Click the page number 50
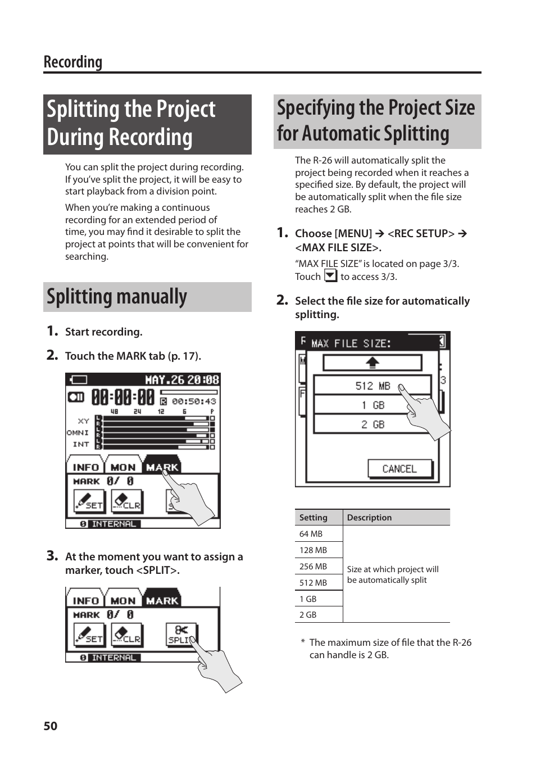(51, 726)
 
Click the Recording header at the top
(73, 62)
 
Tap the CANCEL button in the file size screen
(399, 469)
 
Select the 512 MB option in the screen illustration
(372, 386)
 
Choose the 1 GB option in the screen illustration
(373, 405)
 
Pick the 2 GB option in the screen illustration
(373, 424)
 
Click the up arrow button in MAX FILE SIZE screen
(372, 363)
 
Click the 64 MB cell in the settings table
(311, 534)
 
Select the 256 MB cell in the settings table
(313, 567)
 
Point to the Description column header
(369, 518)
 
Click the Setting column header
(313, 518)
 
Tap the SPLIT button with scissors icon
(180, 635)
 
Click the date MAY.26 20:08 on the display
(182, 380)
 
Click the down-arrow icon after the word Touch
(331, 276)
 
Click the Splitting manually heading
(117, 297)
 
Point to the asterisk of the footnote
(303, 642)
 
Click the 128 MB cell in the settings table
(313, 550)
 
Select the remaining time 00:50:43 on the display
(194, 401)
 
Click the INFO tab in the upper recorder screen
(85, 466)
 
